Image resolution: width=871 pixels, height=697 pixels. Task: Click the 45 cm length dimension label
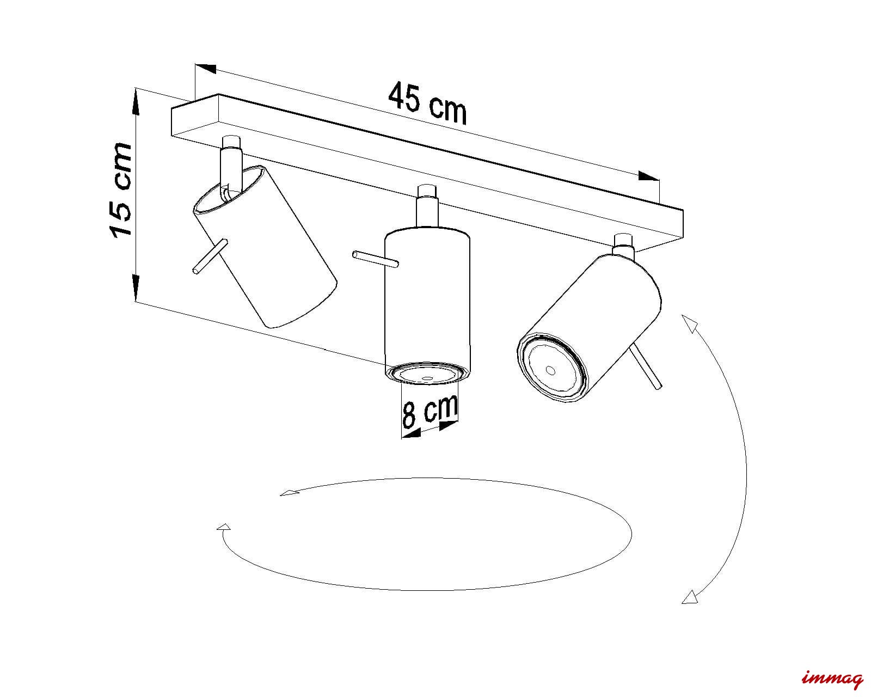tap(427, 103)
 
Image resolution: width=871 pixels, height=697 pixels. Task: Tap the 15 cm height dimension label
tap(121, 189)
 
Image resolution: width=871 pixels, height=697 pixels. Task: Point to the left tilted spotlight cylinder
tap(265, 247)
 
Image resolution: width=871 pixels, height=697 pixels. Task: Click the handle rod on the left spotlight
tap(210, 257)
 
